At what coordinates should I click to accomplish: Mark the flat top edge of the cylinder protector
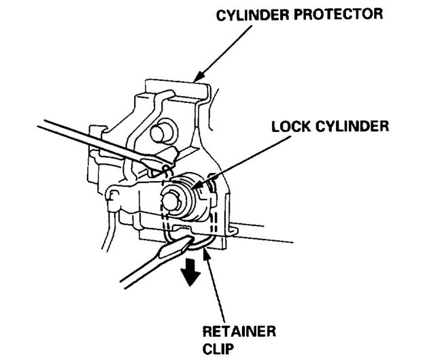click(174, 83)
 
